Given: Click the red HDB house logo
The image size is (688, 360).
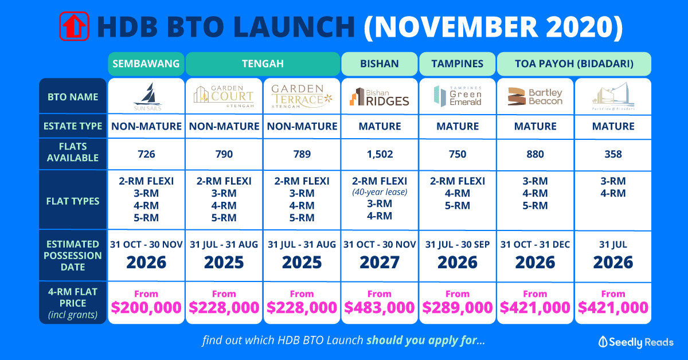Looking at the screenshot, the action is [74, 26].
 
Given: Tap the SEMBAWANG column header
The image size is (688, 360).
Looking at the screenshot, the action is [146, 64].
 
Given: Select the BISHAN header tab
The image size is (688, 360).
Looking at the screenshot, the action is [380, 64].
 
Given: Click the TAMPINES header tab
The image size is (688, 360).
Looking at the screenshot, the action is [458, 64].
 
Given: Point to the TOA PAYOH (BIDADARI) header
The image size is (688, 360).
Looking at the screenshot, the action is [574, 64].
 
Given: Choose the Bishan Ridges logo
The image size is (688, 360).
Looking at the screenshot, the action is [380, 97].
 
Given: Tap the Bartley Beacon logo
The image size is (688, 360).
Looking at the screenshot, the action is [535, 96].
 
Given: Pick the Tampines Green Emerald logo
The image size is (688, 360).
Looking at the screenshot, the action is [458, 96].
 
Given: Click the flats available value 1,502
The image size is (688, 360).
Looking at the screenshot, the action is [380, 154].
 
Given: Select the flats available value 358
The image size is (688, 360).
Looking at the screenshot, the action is [613, 154].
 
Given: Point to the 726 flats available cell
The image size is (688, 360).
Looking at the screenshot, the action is [146, 154].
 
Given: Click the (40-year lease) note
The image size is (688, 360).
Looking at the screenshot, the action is [380, 192].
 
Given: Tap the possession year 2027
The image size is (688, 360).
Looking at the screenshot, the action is [380, 263].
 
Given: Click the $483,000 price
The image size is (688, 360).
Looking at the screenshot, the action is [380, 307].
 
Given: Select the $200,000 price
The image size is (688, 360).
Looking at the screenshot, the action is [146, 307].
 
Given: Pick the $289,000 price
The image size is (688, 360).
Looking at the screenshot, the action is [458, 307].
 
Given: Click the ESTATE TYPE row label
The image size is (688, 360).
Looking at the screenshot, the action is [73, 126].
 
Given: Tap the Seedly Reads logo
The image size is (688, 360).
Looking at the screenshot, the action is [636, 342].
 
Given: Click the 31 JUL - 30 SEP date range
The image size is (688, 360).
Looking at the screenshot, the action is [458, 245].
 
